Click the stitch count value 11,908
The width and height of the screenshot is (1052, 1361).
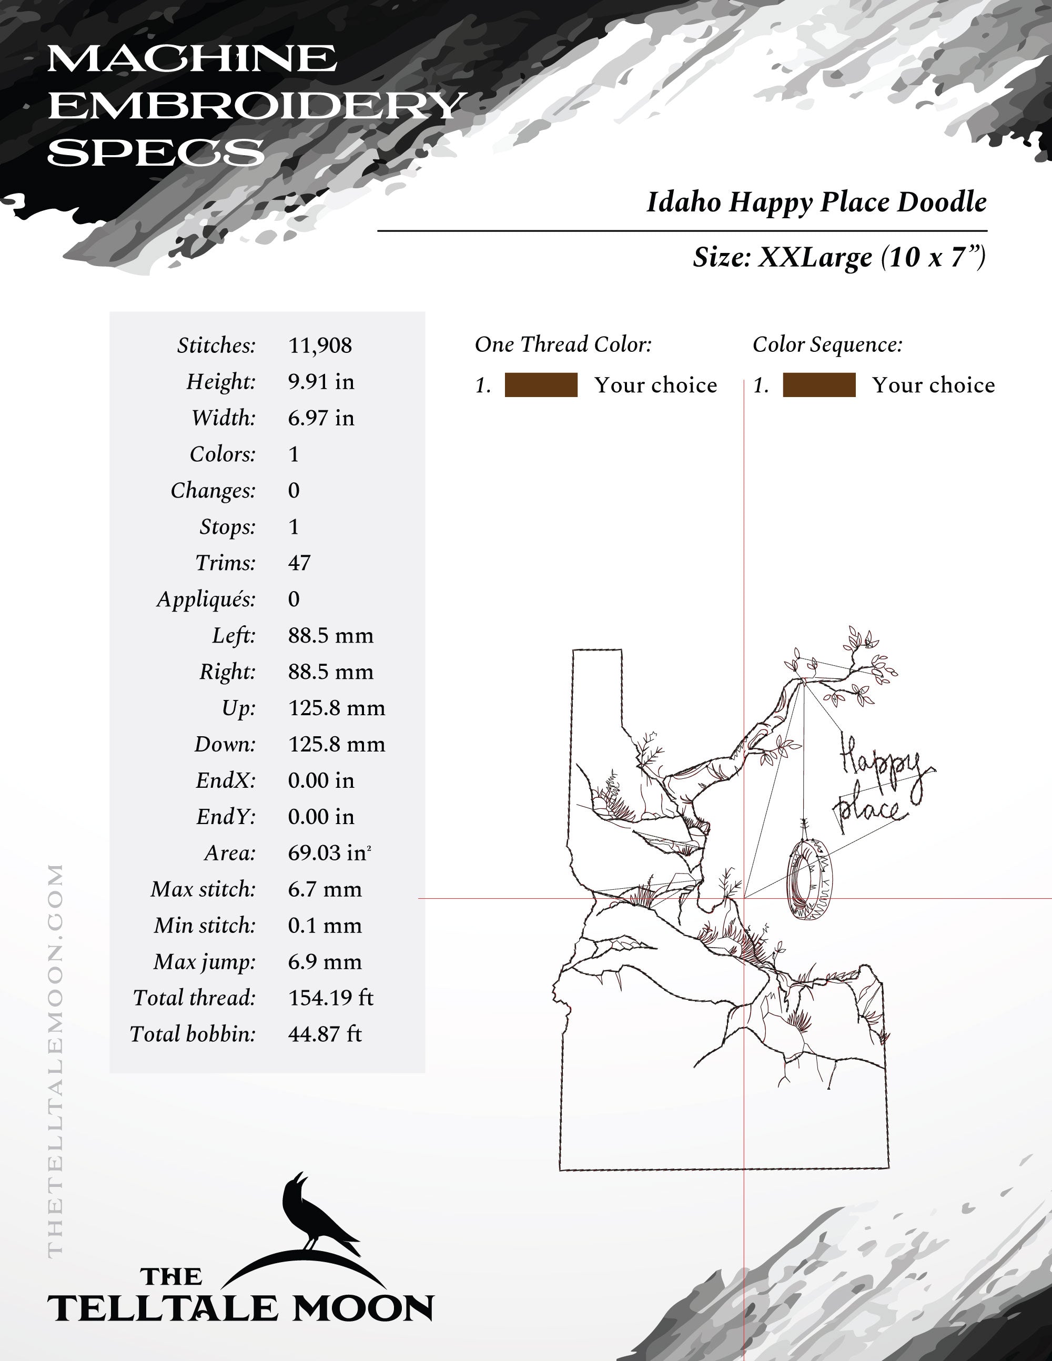(x=320, y=345)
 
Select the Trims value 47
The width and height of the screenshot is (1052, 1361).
(x=299, y=563)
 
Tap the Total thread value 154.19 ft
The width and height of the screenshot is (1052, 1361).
(x=330, y=998)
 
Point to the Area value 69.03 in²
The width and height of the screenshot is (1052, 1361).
(x=328, y=852)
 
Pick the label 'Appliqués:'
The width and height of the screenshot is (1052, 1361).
(x=206, y=599)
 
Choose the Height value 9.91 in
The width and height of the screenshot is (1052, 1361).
(x=321, y=381)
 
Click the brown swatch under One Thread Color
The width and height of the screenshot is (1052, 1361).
(x=541, y=385)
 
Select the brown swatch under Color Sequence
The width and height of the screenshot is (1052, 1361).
(x=819, y=385)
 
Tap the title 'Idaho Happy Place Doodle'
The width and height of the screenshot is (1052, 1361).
(x=816, y=202)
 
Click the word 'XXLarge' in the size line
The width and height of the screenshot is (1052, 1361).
(x=815, y=257)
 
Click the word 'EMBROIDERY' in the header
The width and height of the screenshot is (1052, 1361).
(x=257, y=106)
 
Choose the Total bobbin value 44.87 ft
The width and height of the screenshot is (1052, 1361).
(x=325, y=1034)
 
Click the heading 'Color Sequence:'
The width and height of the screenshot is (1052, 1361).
(x=827, y=344)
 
